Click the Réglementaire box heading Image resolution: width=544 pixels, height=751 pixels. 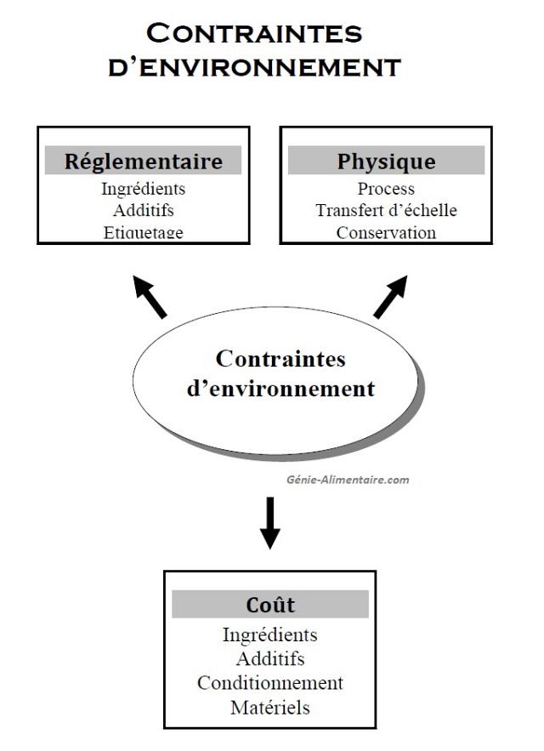pos(144,161)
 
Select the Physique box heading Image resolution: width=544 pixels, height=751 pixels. pos(386,161)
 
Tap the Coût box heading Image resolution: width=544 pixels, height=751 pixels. pos(270,604)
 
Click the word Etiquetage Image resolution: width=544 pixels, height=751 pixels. pos(143,232)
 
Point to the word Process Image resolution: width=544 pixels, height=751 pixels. pos(387,189)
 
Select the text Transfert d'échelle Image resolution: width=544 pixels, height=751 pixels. pos(387,210)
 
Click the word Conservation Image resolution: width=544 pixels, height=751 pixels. pos(387,232)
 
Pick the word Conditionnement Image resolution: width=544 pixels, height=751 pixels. pos(270,682)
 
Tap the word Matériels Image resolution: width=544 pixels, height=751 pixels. pos(270,707)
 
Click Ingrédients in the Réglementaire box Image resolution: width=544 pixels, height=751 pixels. pos(143,189)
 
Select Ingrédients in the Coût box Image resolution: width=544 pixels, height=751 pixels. pos(270,634)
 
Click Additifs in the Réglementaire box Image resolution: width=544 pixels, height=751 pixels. pos(143,210)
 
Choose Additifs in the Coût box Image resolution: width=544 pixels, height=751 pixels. pos(270,658)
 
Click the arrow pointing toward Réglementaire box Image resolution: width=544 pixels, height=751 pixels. pos(150,297)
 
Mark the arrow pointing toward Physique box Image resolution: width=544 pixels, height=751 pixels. pos(390,297)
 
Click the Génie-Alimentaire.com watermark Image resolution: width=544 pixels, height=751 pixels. pos(348,480)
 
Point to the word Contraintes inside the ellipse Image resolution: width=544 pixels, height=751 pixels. pos(280,359)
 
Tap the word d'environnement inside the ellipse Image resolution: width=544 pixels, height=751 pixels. pos(280,389)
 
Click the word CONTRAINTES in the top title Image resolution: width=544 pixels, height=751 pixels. pos(254,33)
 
